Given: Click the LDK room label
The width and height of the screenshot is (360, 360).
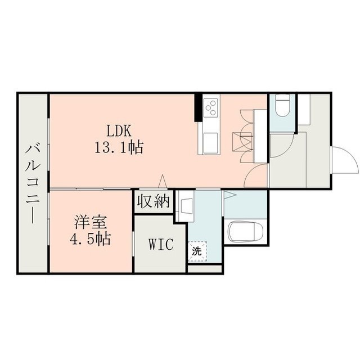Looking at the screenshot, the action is coord(119,131).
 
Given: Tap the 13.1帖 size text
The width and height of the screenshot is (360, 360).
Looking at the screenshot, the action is coord(119,147).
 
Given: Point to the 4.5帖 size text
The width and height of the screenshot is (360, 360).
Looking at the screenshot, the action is coord(90,239).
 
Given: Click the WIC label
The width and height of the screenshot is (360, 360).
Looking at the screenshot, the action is coord(161,244).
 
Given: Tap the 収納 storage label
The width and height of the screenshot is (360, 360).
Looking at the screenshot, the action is coord(154,201).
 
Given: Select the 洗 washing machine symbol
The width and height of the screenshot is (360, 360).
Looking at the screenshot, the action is coord(197,251).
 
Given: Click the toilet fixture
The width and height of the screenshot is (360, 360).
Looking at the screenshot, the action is coord(282,106).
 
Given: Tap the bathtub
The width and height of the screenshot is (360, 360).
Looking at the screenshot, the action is coord(245,232).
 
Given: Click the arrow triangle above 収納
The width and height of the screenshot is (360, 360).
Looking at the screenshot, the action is coord(163,181).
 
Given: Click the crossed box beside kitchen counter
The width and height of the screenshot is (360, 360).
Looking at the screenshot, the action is coord(242,142).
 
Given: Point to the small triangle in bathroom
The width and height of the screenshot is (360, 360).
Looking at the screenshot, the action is coord(230,195).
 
